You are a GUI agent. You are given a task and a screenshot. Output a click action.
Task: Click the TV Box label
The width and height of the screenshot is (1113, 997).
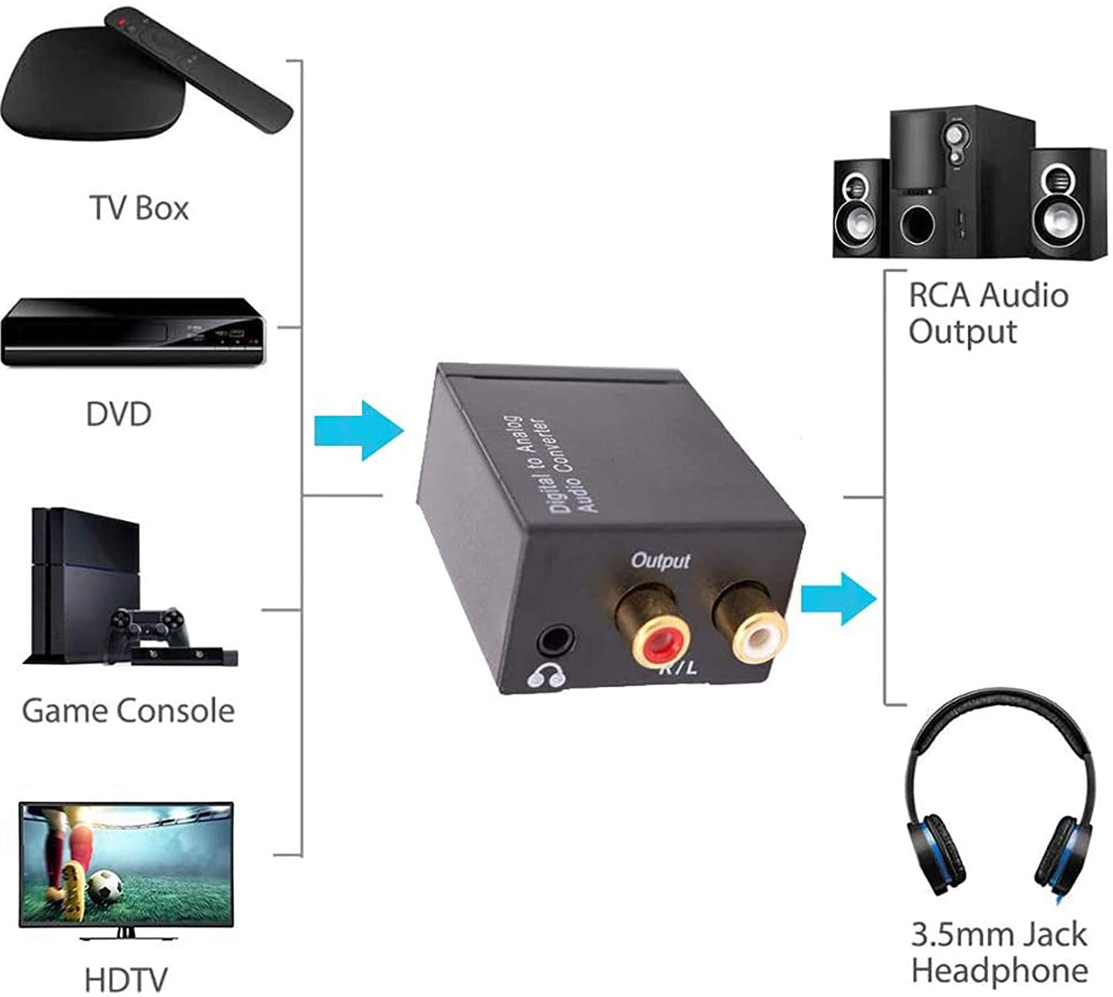coord(139,208)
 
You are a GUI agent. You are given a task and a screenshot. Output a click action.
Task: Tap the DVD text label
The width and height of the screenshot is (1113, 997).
coord(119,415)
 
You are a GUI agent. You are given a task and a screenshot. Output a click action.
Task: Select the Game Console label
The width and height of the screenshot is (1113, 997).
coord(128,710)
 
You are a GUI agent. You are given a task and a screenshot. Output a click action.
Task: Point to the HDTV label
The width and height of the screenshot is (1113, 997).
coord(126,980)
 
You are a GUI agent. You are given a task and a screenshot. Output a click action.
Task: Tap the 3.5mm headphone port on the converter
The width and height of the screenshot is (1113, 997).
coord(556,639)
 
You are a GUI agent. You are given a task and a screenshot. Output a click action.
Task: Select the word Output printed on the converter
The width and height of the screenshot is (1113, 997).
coord(660,560)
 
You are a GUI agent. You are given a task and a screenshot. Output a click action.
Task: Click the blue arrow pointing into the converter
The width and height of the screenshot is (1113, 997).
coord(359,431)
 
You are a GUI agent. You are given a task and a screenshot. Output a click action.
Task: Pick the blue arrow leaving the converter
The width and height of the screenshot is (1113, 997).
coord(838,599)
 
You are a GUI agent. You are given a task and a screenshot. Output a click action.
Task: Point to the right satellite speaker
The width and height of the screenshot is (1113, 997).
coord(1066,203)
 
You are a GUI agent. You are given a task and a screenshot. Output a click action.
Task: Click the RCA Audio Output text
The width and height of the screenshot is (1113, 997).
coord(987,313)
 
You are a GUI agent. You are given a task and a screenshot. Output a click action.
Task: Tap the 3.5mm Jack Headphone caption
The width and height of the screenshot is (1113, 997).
coord(999,952)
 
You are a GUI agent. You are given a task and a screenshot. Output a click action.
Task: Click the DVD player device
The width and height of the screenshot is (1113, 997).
coord(132,333)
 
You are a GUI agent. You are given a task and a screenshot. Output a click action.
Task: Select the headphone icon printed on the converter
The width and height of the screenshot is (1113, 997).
coord(546,677)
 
